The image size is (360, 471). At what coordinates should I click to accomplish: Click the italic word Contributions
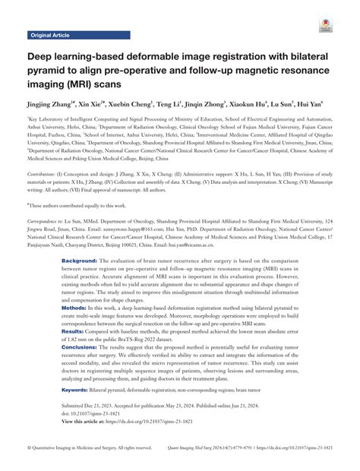[x=44, y=174]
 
